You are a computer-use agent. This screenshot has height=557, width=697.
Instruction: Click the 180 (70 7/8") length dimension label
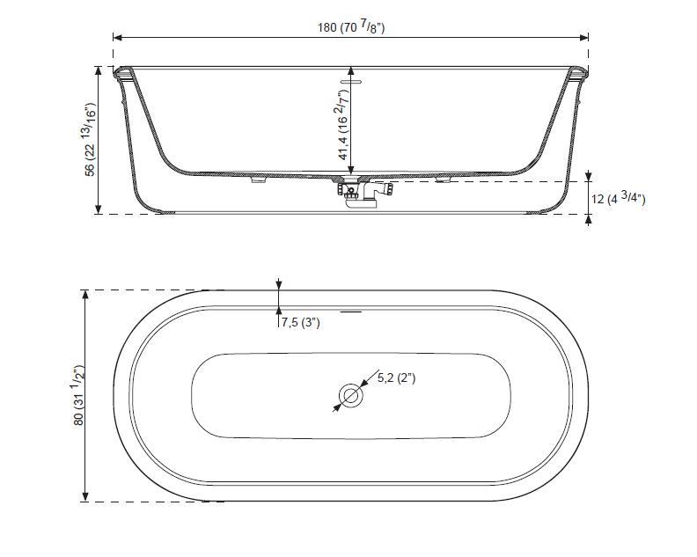pyautogui.click(x=351, y=27)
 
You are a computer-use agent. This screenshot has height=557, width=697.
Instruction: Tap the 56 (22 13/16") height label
pyautogui.click(x=91, y=140)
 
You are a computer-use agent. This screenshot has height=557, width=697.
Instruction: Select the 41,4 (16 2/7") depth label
pyautogui.click(x=343, y=125)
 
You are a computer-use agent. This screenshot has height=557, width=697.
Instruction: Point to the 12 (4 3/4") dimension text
pyautogui.click(x=618, y=198)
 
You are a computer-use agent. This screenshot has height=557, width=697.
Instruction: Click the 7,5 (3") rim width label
pyautogui.click(x=300, y=322)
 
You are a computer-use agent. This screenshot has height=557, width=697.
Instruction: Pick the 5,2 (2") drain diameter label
pyautogui.click(x=397, y=378)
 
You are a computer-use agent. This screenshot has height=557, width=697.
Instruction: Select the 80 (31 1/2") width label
pyautogui.click(x=79, y=396)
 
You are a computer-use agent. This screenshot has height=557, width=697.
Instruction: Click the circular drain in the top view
pyautogui.click(x=351, y=395)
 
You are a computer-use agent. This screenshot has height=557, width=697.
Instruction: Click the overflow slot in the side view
pyautogui.click(x=351, y=82)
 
